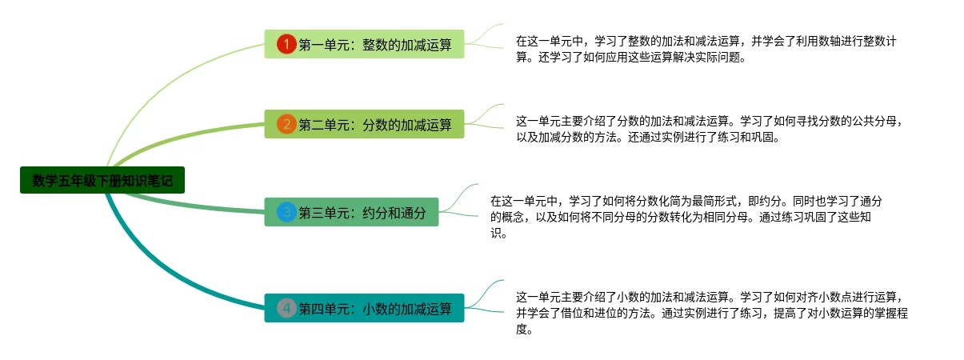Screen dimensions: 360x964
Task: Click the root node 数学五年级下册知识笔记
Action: [x=102, y=180]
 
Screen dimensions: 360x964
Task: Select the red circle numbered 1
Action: [x=286, y=44]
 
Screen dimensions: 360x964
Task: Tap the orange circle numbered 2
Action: [x=286, y=124]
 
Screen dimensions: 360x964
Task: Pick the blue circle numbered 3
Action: [x=286, y=212]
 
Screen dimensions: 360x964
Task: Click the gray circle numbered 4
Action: [x=286, y=308]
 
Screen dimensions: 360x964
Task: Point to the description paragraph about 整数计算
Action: [x=711, y=49]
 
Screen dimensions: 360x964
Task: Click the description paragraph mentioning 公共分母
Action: [x=711, y=129]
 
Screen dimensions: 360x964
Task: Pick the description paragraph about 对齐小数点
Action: [x=711, y=313]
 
